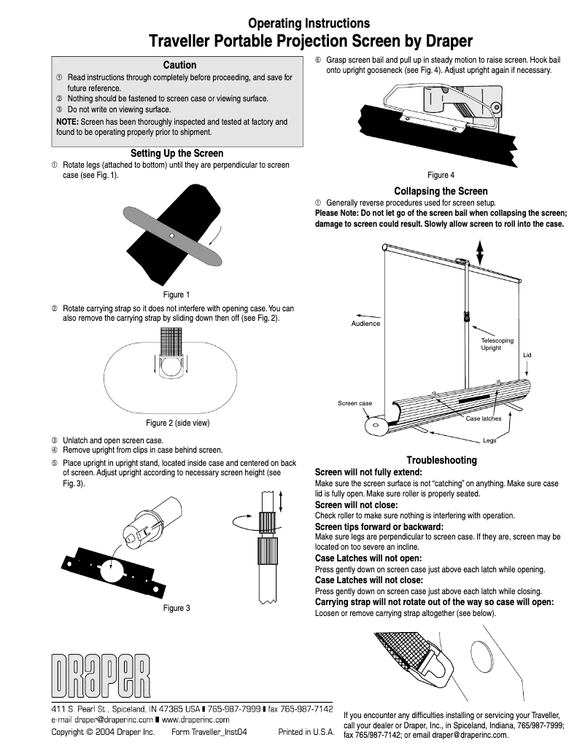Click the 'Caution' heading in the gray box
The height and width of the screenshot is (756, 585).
pyautogui.click(x=179, y=65)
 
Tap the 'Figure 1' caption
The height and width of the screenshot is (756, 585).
pyautogui.click(x=176, y=295)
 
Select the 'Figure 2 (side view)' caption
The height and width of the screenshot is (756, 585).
pyautogui.click(x=178, y=423)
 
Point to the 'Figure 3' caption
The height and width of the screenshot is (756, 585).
pyautogui.click(x=177, y=608)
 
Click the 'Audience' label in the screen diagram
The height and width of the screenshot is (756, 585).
pyautogui.click(x=365, y=324)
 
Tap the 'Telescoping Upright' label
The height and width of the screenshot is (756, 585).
pyautogui.click(x=497, y=344)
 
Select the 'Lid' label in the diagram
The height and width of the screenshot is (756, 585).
pyautogui.click(x=527, y=355)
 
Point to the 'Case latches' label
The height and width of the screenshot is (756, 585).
pyautogui.click(x=484, y=418)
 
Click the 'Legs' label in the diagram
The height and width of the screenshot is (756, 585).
pyautogui.click(x=489, y=440)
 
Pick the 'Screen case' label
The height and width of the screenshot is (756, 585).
pyautogui.click(x=355, y=403)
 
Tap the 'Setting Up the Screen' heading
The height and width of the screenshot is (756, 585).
pyautogui.click(x=177, y=153)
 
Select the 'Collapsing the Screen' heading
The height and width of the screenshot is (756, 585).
pyautogui.click(x=441, y=191)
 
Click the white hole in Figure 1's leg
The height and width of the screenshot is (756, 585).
pyautogui.click(x=169, y=236)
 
